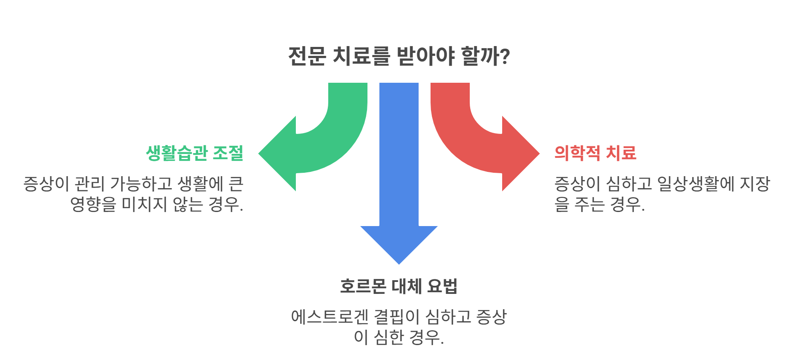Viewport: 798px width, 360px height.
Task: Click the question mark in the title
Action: click(505, 56)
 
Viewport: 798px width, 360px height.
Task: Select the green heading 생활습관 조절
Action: click(194, 153)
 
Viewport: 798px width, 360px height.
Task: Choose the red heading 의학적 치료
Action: click(595, 153)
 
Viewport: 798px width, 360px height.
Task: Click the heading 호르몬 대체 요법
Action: click(399, 286)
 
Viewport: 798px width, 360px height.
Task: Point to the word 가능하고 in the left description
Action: click(141, 184)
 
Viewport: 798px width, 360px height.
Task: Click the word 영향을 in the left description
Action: click(93, 204)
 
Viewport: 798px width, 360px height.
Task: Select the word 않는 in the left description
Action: click(188, 204)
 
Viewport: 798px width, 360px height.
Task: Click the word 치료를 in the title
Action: click(361, 56)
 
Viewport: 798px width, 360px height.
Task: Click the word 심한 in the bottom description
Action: click(388, 337)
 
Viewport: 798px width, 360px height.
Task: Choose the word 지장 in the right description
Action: click(755, 184)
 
